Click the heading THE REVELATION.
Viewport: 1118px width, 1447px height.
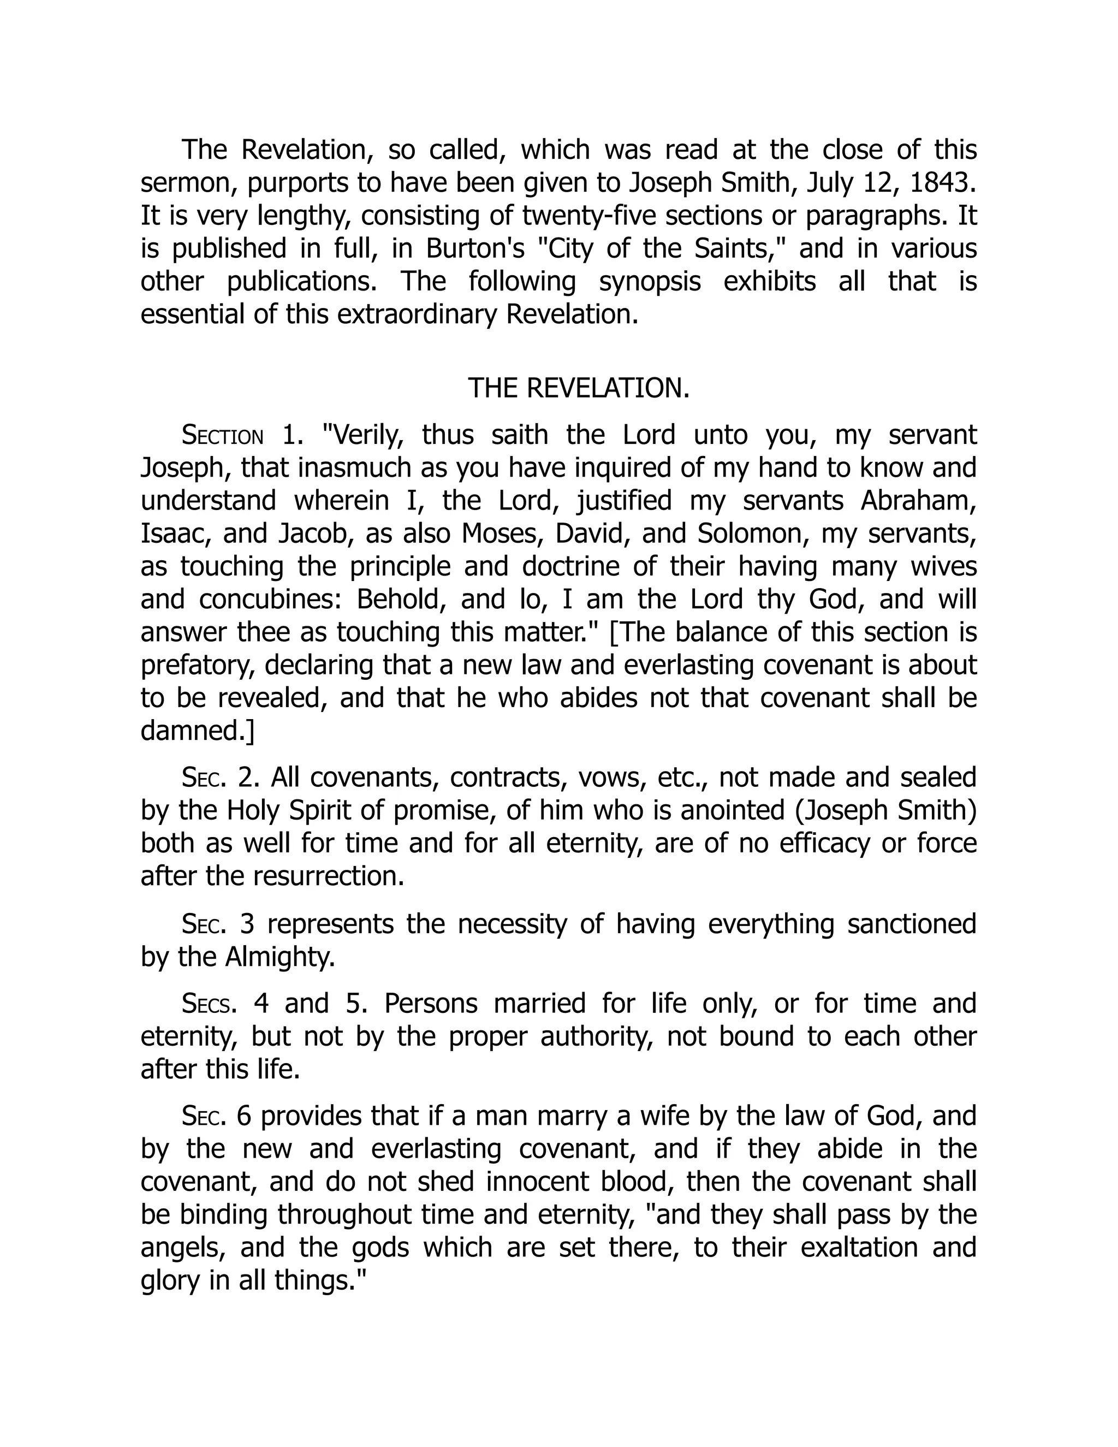click(578, 388)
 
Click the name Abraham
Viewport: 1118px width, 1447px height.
click(918, 501)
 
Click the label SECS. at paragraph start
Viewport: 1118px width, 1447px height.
click(209, 1004)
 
